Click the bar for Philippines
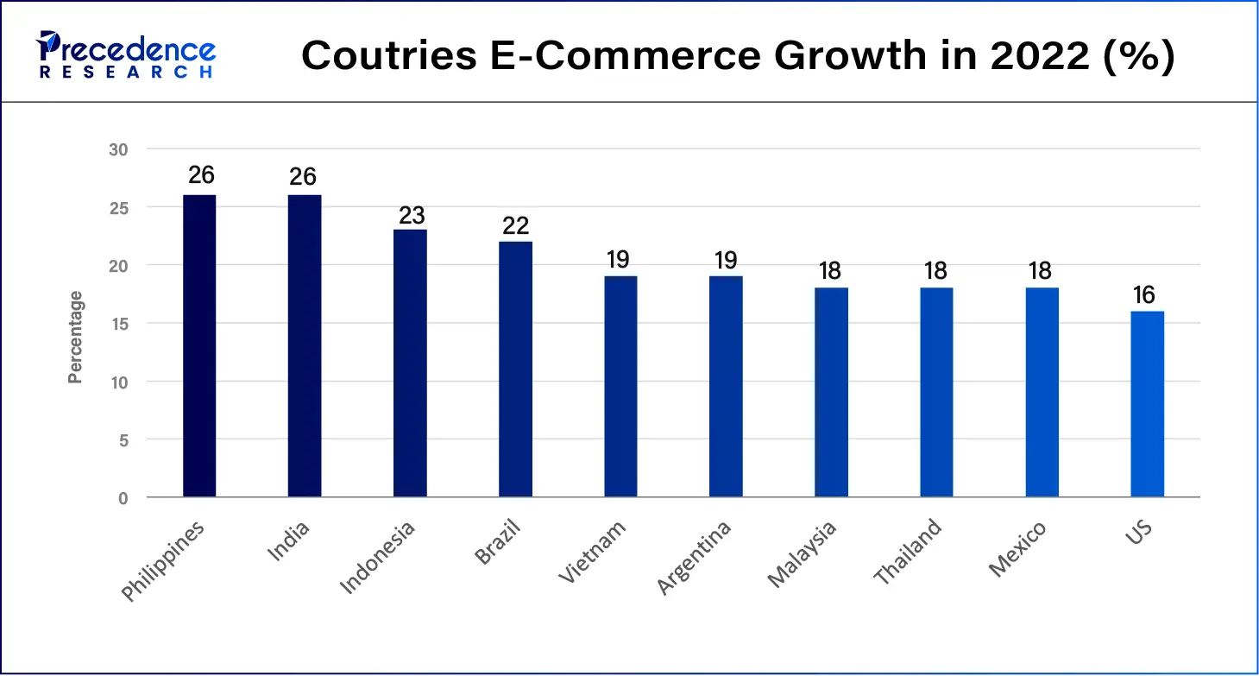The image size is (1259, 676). coord(199,345)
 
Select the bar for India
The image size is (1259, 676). coord(305,345)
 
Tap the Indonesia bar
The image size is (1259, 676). coord(410,363)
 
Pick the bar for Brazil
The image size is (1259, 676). coord(515,369)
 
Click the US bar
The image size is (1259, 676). coord(1147,403)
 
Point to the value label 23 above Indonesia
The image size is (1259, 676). coord(411,214)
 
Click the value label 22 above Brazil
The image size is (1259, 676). coord(515,225)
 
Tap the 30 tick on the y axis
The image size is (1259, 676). coord(118,149)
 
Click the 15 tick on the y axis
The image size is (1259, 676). coord(118,324)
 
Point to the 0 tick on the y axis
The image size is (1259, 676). coord(123,498)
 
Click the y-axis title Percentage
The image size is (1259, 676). coord(76,337)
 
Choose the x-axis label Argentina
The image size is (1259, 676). coord(693,558)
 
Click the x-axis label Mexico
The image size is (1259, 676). coord(1017,549)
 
